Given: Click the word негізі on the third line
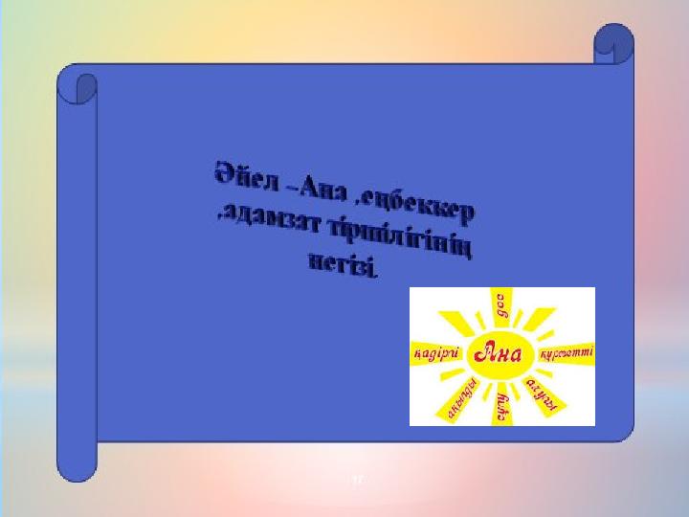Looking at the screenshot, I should pos(344,263).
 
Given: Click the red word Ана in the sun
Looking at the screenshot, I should pos(501,355).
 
